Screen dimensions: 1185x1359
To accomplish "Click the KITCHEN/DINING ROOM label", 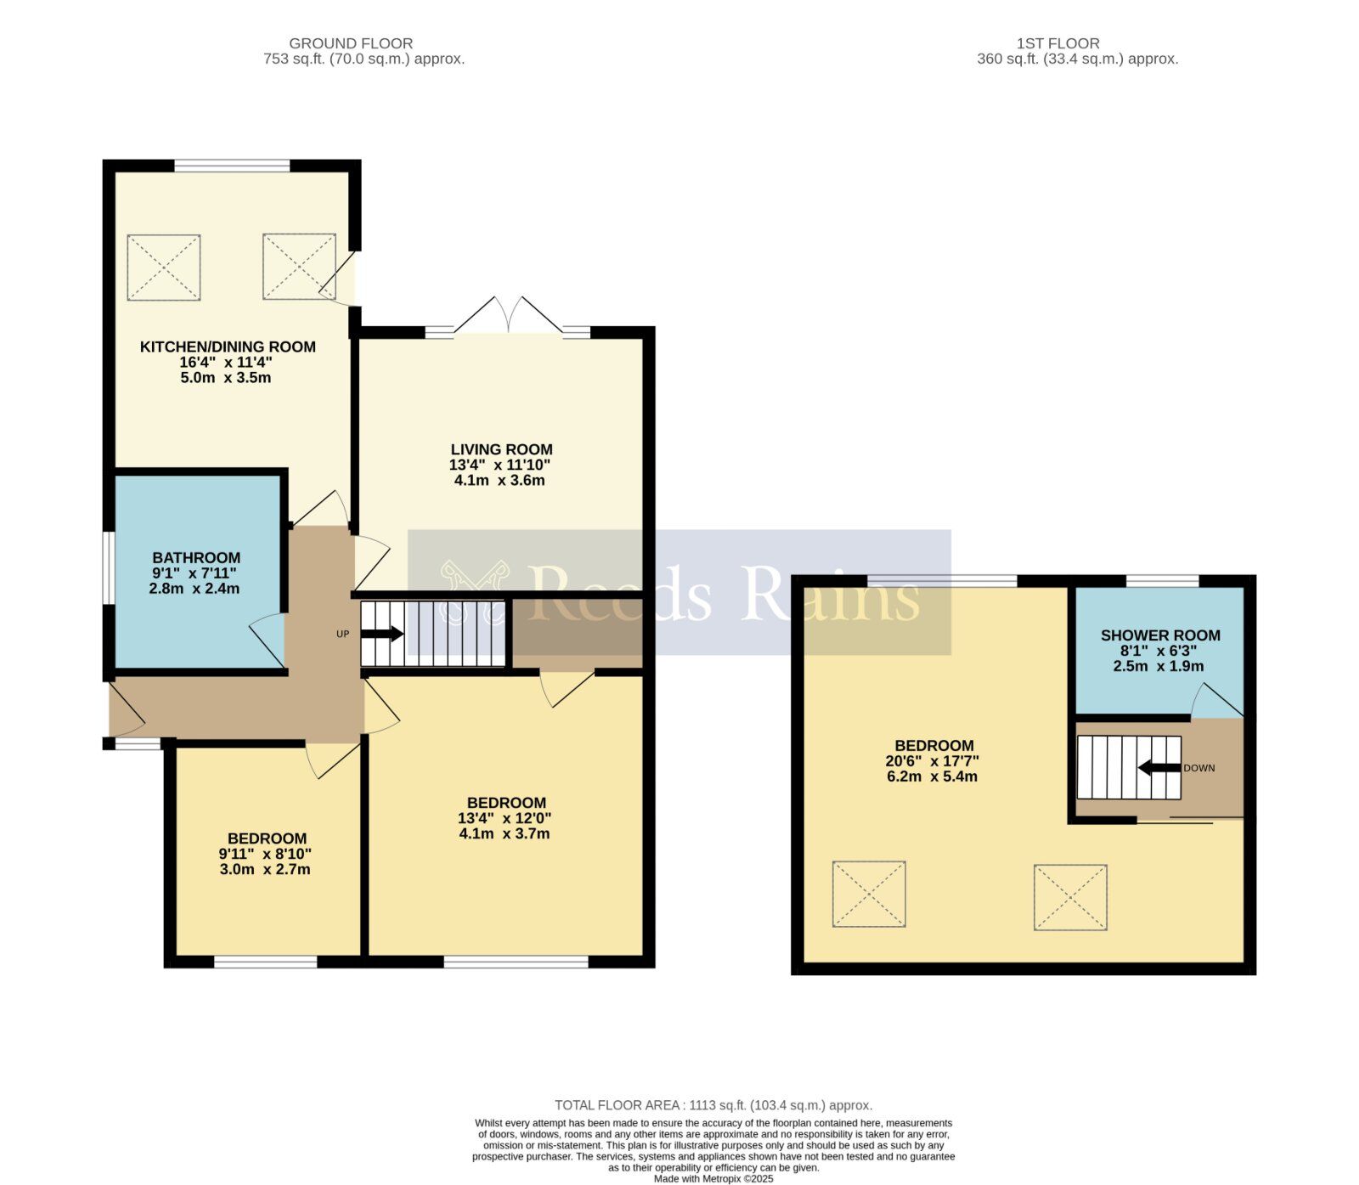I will [x=228, y=347].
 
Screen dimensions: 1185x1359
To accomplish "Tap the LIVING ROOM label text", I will [x=501, y=449].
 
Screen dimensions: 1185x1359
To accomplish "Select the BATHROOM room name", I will [x=196, y=557].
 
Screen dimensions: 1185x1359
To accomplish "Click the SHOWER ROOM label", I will [x=1160, y=635].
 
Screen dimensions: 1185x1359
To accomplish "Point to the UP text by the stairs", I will [x=343, y=634].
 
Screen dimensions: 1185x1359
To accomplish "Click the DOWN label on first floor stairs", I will [x=1198, y=768].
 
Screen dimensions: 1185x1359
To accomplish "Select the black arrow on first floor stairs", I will [x=1159, y=768].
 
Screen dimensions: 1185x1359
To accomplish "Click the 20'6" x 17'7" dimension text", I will [x=932, y=761].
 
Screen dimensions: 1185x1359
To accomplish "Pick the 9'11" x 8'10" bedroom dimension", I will [x=265, y=854].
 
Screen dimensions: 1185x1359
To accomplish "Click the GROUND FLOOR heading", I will [x=351, y=43].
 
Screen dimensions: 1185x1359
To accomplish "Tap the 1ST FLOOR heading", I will [x=1057, y=43].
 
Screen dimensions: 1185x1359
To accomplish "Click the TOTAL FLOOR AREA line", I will [x=713, y=1105].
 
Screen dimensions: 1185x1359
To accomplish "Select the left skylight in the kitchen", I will [x=164, y=268].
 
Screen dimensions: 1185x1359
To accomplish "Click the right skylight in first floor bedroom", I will [x=1070, y=897].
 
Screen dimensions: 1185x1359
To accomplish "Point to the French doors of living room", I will [x=509, y=316].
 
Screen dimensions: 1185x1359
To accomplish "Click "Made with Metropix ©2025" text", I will [x=713, y=1178].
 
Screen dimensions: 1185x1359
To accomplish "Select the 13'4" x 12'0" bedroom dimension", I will [x=505, y=818].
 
